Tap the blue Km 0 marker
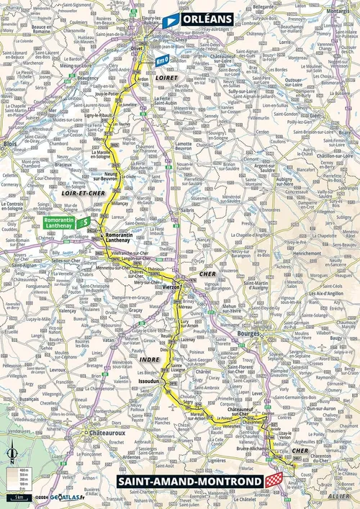coord(163,61)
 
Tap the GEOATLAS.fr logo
coord(68,497)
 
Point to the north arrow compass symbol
coord(12,455)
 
